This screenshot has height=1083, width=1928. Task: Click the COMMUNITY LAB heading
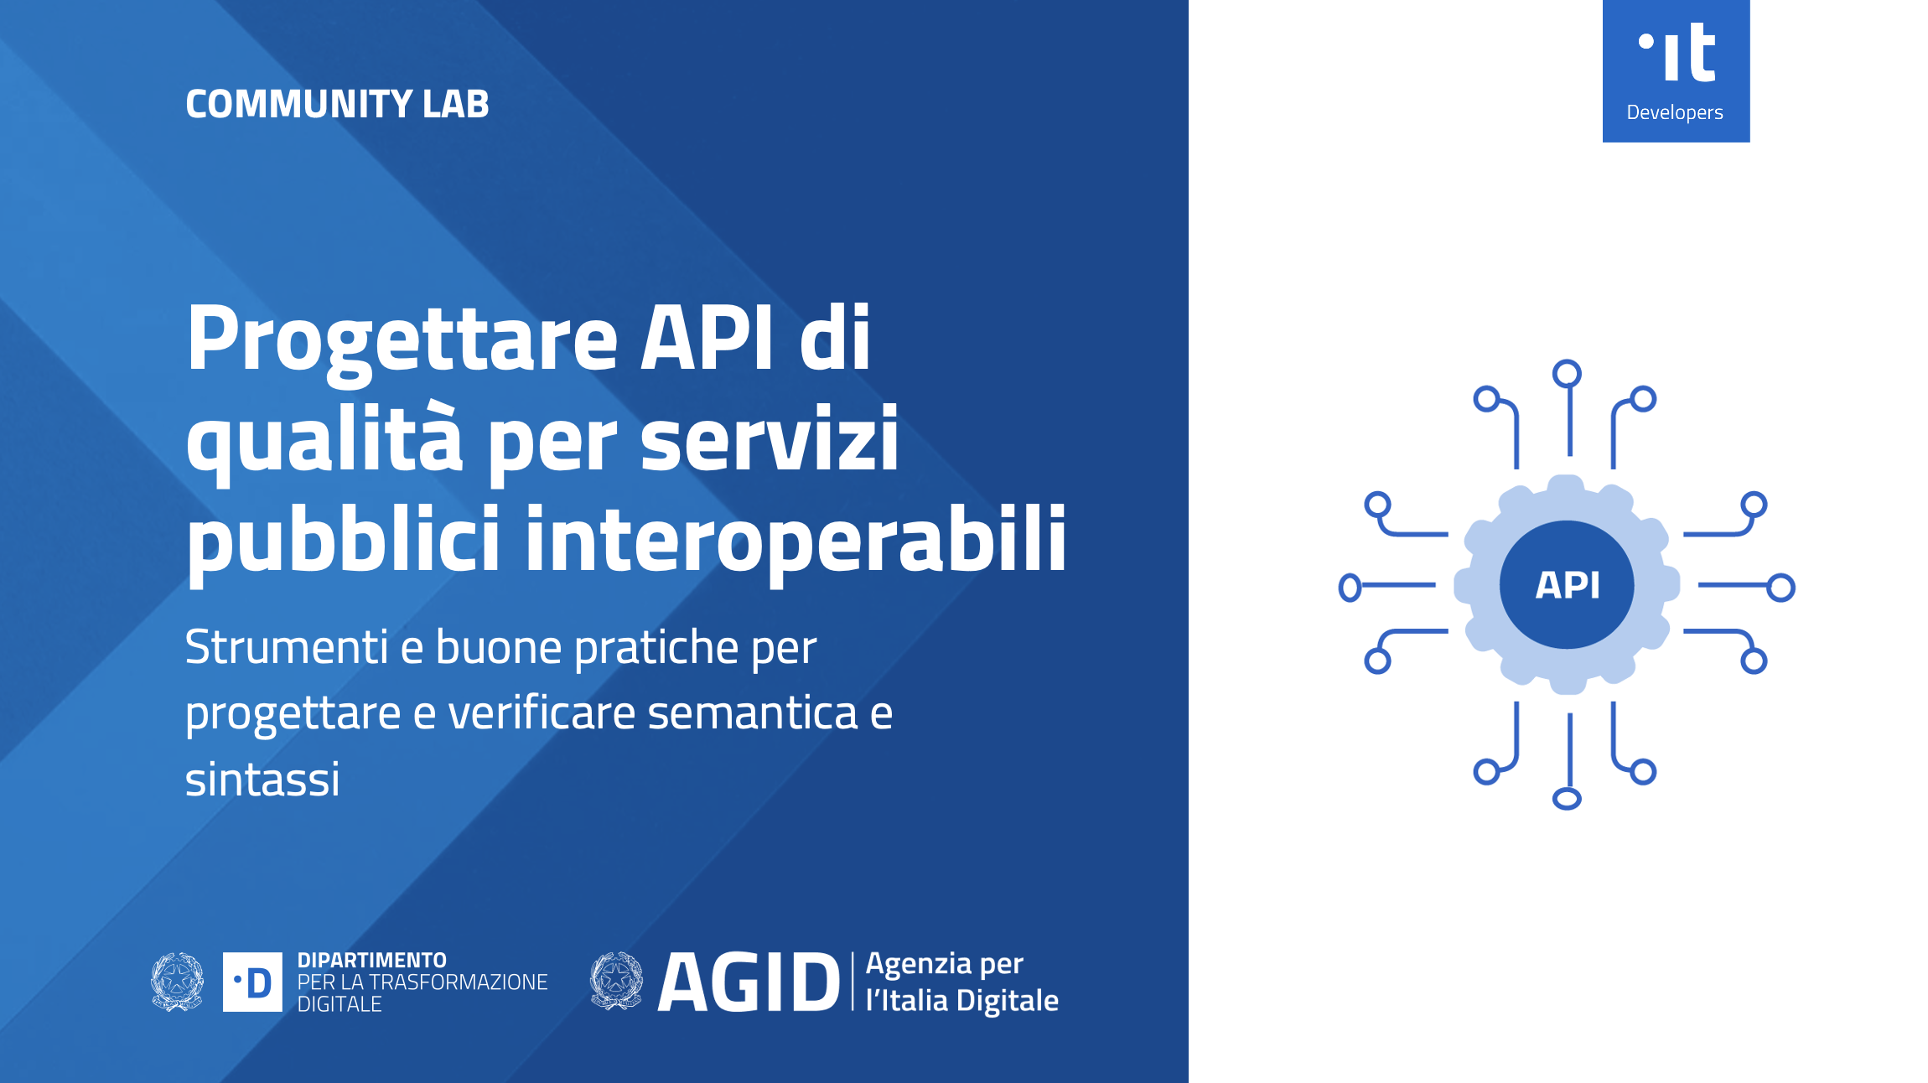coord(337,104)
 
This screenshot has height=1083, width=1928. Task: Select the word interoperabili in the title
coord(796,539)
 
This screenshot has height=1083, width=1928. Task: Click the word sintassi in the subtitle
coord(262,780)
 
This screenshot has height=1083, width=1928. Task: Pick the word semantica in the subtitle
coord(753,713)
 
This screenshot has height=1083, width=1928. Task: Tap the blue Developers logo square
coord(1676,71)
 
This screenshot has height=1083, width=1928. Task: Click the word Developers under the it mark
coord(1675,112)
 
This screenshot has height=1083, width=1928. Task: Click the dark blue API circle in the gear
coord(1567,584)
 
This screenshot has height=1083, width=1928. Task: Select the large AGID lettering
coord(749,982)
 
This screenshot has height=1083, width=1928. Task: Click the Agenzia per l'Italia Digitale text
coord(962,982)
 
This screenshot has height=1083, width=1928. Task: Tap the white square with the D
coord(252,982)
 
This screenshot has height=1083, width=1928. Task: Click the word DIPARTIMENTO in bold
coord(372,961)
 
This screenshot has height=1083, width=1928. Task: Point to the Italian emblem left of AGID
coord(616,980)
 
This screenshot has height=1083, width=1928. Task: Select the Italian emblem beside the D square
coord(177,982)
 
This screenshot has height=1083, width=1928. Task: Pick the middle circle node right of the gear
coord(1780,588)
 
